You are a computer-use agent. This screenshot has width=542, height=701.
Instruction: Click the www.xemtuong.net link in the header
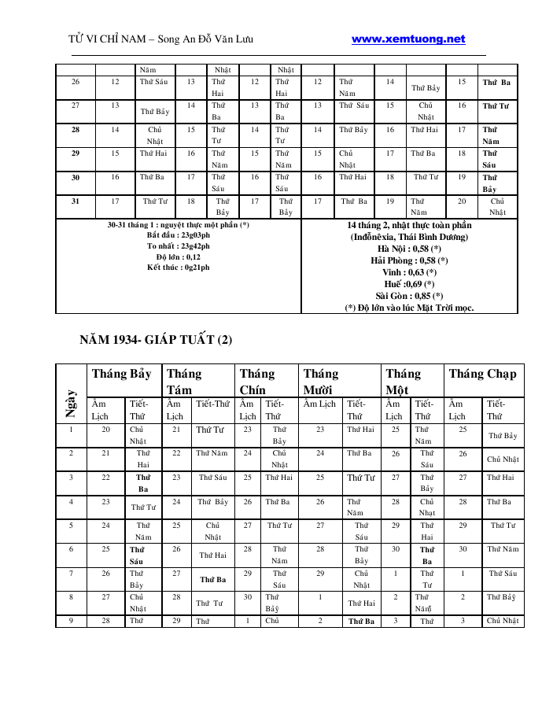(x=408, y=39)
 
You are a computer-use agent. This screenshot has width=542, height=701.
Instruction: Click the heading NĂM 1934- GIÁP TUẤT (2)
(x=156, y=340)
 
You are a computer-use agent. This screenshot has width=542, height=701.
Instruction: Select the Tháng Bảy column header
(x=122, y=374)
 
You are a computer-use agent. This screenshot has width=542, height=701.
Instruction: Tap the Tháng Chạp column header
(x=483, y=374)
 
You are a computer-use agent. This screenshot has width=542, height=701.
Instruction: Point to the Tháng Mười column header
(x=321, y=382)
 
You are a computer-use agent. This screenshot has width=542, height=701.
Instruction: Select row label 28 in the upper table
(x=75, y=130)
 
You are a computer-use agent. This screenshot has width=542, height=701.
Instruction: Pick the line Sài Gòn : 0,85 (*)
(x=409, y=296)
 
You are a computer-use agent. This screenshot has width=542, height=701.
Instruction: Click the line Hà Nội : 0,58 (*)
(x=409, y=248)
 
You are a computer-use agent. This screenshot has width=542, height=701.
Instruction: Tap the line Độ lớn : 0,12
(x=179, y=256)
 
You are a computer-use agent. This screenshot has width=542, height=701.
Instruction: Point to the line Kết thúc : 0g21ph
(x=179, y=267)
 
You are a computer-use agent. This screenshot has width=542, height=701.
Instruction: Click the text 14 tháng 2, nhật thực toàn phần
(x=409, y=225)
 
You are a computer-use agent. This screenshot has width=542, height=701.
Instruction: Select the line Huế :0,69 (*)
(x=409, y=284)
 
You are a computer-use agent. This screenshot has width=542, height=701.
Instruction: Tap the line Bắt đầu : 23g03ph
(x=179, y=234)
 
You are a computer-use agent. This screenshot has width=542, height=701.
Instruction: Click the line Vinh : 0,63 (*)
(x=409, y=272)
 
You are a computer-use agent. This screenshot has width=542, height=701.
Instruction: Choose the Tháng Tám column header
(x=184, y=382)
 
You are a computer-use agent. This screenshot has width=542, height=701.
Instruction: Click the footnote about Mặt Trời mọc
(x=409, y=308)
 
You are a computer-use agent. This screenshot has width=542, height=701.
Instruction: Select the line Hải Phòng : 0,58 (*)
(x=409, y=260)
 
